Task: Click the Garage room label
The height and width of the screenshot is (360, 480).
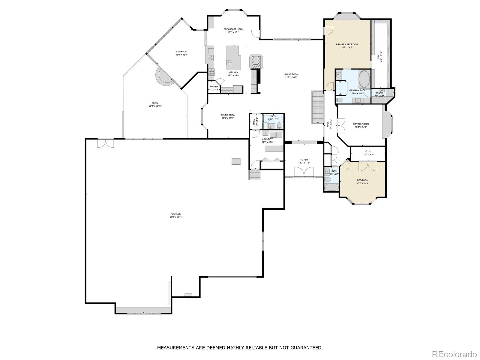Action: (176, 214)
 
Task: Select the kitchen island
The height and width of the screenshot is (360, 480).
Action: (233, 58)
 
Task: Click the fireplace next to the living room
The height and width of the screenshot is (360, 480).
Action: (256, 62)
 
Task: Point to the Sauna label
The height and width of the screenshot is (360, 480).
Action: (379, 93)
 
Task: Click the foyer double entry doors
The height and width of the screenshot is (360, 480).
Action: (304, 172)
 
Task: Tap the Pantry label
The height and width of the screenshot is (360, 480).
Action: (214, 87)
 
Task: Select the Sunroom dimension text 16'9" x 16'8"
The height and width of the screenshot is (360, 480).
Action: (181, 55)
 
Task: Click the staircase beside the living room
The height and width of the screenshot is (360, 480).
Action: (317, 107)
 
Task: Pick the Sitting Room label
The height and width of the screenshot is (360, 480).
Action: (361, 124)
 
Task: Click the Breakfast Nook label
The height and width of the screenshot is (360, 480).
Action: (233, 29)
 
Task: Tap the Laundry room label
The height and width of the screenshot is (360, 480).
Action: (267, 139)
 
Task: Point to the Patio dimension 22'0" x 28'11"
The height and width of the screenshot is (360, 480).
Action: (155, 106)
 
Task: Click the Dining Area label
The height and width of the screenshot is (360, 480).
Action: (227, 115)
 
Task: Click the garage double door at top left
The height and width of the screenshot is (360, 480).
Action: (106, 143)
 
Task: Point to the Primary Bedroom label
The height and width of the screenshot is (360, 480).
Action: (347, 44)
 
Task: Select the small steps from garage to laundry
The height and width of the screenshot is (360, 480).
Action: (255, 175)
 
